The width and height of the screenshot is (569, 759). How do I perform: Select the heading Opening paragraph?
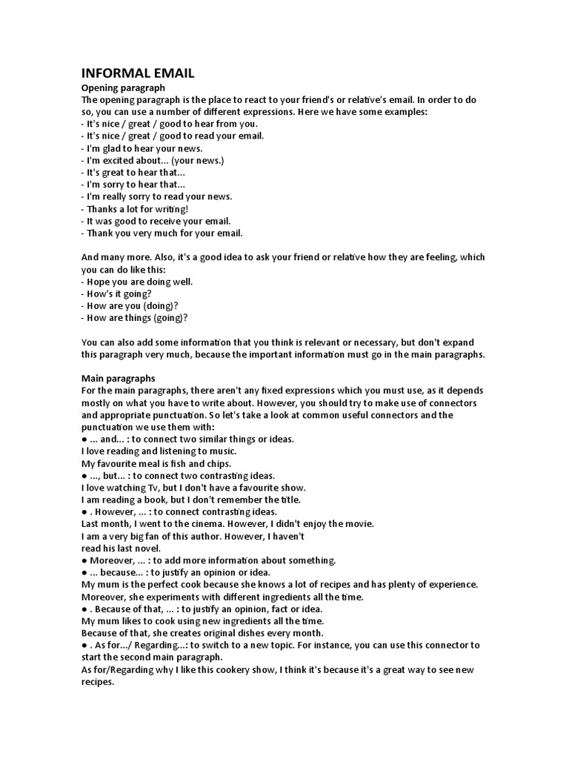tap(122, 88)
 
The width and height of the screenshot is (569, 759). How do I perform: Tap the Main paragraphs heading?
tap(118, 379)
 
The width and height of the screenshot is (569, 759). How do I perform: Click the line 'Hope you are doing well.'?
tap(131, 282)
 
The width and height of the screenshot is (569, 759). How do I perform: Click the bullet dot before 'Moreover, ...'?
tap(84, 560)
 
